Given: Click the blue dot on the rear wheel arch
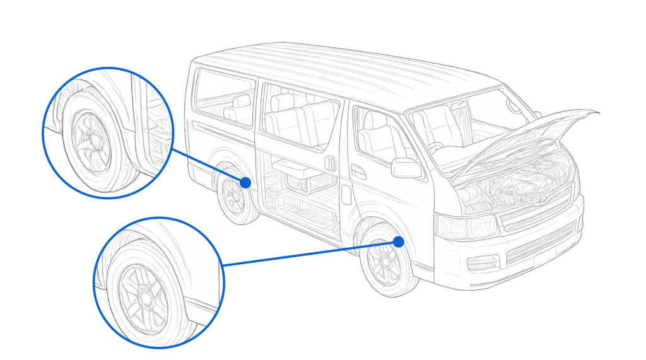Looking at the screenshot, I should (x=245, y=182).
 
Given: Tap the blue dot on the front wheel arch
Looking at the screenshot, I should (x=398, y=241).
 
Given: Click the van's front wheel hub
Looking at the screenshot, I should (x=384, y=261).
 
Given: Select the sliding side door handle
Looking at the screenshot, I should (x=330, y=163).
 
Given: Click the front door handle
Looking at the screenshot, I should (x=358, y=171).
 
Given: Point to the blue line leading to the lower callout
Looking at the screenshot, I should (x=309, y=253).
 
